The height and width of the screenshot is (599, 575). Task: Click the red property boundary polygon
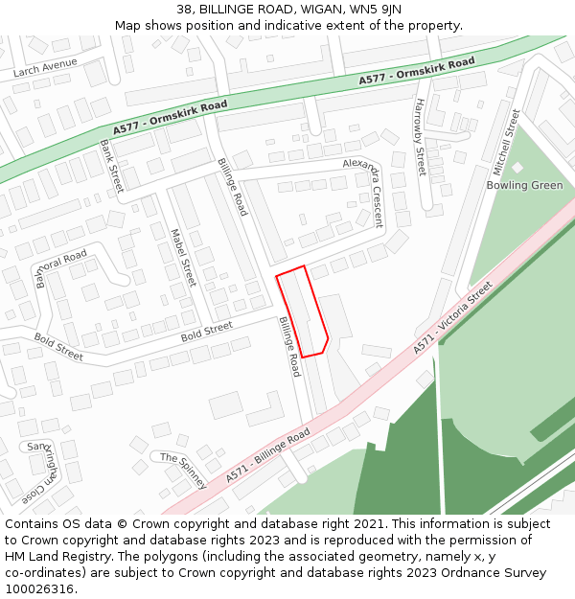(303, 312)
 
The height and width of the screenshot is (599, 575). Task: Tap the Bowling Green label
(524, 185)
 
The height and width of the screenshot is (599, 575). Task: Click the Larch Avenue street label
(45, 68)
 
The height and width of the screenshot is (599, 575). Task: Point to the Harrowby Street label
(419, 136)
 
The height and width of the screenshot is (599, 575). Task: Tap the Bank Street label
(112, 165)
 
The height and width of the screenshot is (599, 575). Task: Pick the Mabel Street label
(182, 257)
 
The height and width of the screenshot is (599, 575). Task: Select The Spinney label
(183, 471)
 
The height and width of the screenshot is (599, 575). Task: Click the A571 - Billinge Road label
(268, 455)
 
